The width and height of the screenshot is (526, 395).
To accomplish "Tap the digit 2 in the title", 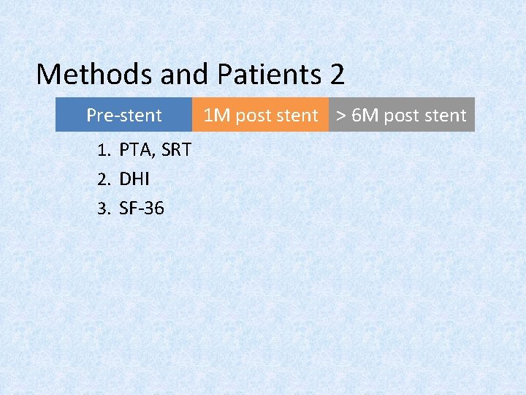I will point(336,74).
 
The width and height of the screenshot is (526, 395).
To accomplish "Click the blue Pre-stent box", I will point(124,115).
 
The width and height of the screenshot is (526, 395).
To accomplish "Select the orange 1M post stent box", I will point(260,115).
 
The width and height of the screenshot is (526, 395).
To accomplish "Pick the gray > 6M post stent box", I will point(401,115).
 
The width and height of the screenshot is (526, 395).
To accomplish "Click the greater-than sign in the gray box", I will point(340,116).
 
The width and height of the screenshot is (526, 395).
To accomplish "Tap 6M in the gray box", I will point(365,115).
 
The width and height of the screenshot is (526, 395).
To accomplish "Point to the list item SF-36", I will point(142,208).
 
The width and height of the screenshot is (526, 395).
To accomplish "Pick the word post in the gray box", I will point(401,116).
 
